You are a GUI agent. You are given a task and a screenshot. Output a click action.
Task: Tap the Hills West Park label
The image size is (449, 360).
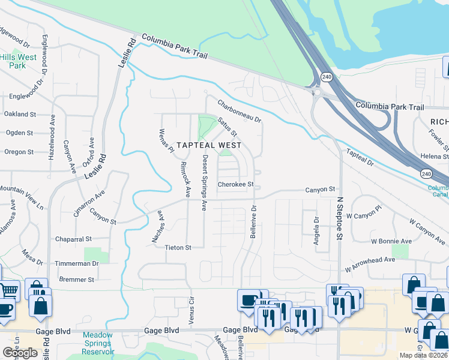tap(18, 61)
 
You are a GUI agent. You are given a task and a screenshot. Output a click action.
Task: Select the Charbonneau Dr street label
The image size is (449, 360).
tap(240, 111)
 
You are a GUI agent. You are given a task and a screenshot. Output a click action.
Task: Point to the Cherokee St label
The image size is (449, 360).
tap(236, 185)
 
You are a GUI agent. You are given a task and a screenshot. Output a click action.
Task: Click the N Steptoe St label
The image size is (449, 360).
tap(339, 221)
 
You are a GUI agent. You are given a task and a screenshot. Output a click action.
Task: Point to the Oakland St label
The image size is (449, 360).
tap(20, 114)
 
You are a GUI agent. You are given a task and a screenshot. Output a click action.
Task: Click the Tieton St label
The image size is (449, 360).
tap(178, 247)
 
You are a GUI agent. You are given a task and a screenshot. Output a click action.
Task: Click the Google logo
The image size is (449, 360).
tap(20, 353)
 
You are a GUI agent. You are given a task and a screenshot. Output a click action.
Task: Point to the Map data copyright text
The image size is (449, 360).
tap(423, 355)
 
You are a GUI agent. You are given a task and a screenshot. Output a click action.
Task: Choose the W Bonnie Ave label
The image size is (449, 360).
tap(391, 241)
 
